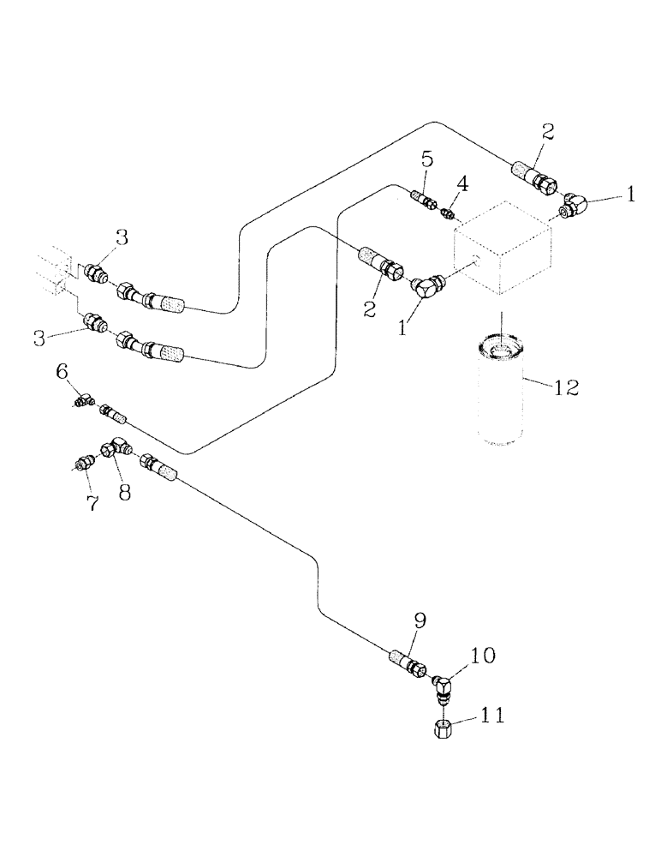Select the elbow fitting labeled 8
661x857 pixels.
[x=114, y=449]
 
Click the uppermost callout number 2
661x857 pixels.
[x=548, y=132]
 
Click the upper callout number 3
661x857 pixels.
[x=122, y=238]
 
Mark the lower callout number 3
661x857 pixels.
[x=38, y=338]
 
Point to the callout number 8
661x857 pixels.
[x=124, y=494]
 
